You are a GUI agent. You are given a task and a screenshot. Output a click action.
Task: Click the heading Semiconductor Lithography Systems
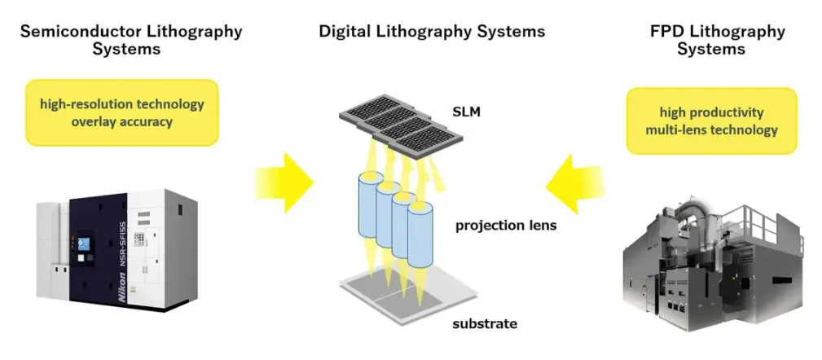click(130, 40)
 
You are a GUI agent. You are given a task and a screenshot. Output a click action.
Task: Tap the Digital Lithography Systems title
click(432, 32)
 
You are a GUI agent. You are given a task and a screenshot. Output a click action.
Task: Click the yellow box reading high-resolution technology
click(122, 113)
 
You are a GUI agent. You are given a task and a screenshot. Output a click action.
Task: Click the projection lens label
click(506, 225)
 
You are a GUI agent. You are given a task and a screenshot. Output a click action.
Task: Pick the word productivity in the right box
click(726, 112)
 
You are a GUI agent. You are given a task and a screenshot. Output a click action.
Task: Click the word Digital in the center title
click(345, 32)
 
